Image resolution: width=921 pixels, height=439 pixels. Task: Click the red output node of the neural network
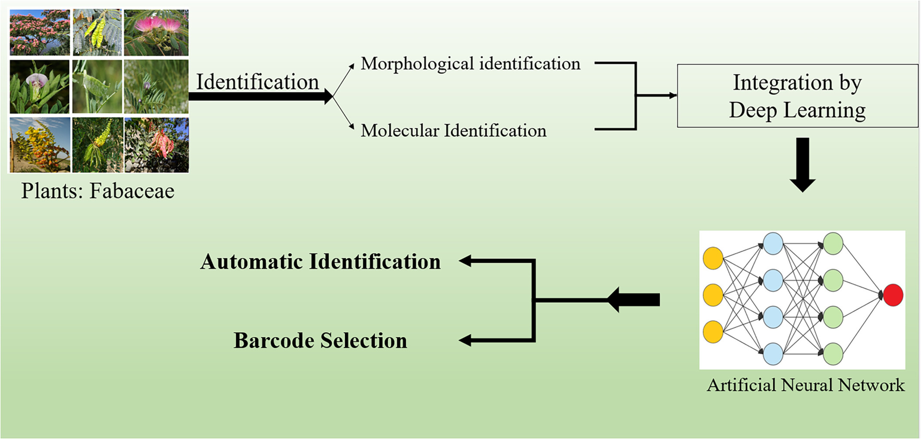[893, 295]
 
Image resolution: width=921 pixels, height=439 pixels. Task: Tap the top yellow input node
[713, 258]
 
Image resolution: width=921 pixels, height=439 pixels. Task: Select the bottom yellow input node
[713, 332]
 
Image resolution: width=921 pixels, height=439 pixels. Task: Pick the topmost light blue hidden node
[773, 243]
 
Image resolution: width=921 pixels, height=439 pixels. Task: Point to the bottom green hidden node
[833, 354]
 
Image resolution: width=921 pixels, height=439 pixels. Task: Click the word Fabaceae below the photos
[132, 191]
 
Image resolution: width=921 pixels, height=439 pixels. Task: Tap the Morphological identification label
[471, 64]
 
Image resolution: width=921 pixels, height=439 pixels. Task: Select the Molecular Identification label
[454, 130]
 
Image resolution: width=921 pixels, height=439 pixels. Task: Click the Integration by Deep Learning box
[797, 96]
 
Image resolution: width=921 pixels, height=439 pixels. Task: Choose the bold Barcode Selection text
[320, 340]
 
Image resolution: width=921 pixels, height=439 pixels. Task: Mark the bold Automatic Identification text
[320, 262]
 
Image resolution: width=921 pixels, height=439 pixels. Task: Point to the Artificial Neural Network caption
[805, 385]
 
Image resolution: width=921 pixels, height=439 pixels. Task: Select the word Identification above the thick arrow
[257, 82]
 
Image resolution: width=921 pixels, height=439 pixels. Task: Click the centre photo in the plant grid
[97, 86]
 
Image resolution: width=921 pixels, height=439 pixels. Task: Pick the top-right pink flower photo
[156, 33]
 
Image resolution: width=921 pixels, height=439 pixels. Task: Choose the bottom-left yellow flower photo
[40, 145]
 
